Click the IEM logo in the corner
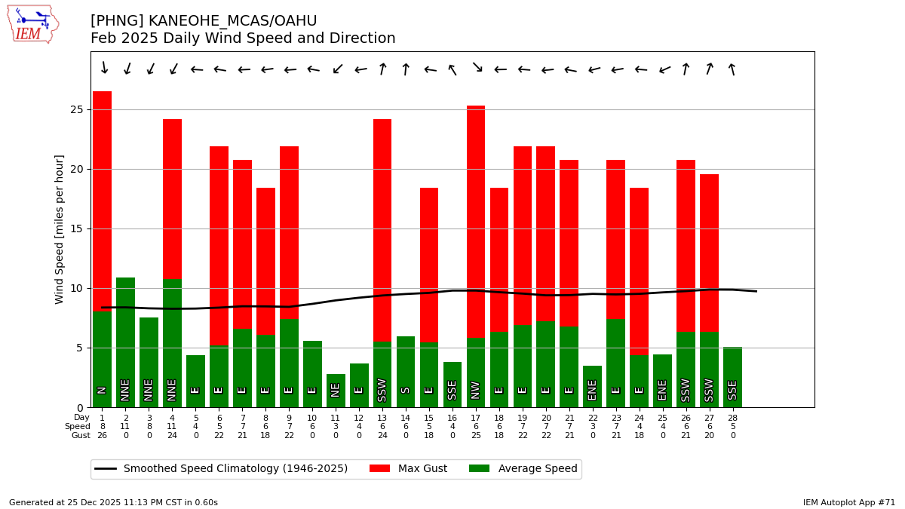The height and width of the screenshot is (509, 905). (32, 24)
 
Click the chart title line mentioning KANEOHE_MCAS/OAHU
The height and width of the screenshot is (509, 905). (204, 21)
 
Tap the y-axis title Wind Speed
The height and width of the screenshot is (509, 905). (60, 228)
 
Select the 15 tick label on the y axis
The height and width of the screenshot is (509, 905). (78, 228)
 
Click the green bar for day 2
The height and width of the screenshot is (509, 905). (125, 339)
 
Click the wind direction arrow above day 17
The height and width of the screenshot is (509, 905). (477, 67)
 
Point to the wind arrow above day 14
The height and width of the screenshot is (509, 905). (406, 69)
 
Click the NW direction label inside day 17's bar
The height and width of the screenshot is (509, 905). (476, 390)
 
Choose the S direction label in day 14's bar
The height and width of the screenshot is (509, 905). (406, 390)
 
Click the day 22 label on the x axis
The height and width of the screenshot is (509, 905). (593, 418)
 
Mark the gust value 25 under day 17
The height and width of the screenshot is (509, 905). (476, 436)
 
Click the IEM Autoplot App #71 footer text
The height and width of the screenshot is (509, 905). (848, 502)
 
